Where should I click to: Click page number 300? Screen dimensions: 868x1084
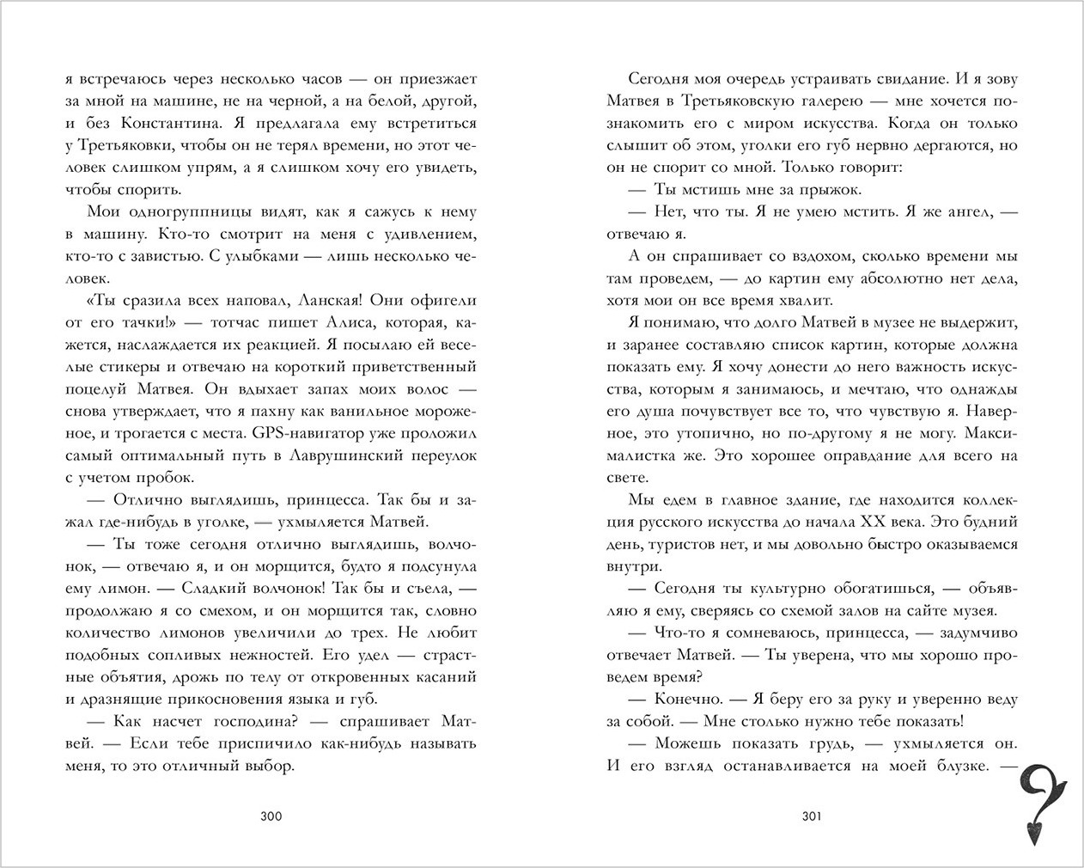point(271,816)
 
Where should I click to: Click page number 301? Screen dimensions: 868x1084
point(811,816)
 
